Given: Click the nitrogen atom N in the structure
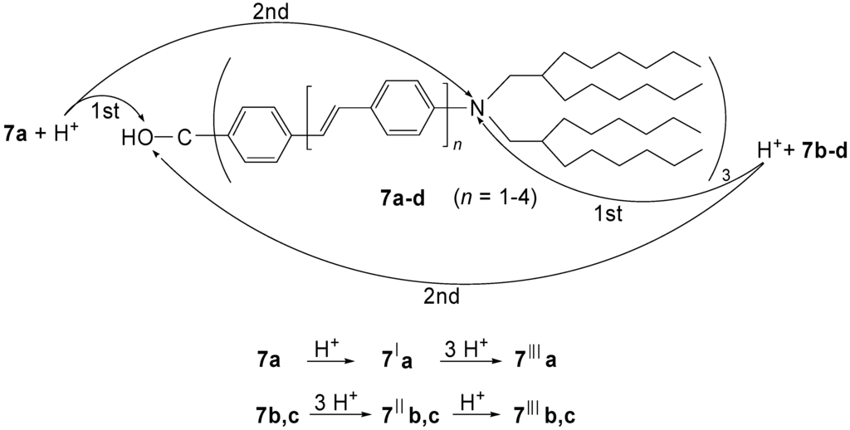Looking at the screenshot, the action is pos(476,107).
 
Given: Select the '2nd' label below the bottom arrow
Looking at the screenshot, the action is pos(444,297).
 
